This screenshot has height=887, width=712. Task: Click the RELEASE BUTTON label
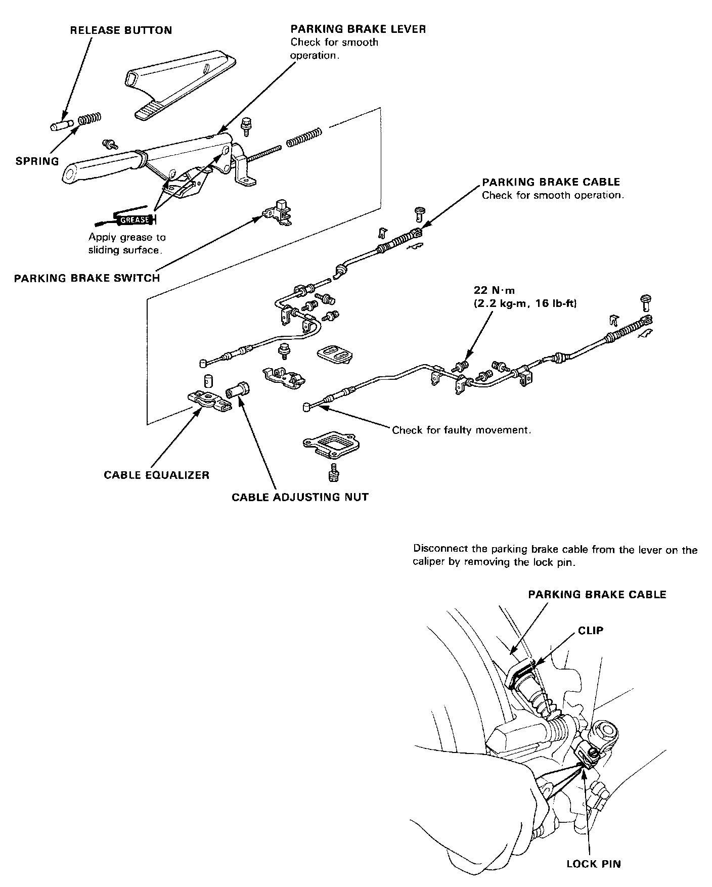tap(121, 30)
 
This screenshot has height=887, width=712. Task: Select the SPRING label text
tap(37, 161)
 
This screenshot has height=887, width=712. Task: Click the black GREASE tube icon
tap(132, 220)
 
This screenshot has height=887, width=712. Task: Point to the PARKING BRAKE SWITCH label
tap(87, 278)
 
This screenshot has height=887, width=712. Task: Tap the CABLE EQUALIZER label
tap(156, 475)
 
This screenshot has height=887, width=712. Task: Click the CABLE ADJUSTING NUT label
tap(300, 497)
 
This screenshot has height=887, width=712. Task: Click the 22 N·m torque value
tap(494, 290)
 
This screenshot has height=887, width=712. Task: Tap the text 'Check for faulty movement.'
tap(462, 430)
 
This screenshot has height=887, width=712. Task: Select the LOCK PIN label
tap(593, 864)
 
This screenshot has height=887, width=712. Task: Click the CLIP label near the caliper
tap(591, 631)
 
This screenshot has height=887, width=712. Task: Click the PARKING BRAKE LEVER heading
tap(358, 29)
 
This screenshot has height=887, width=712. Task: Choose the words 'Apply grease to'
tap(127, 237)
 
